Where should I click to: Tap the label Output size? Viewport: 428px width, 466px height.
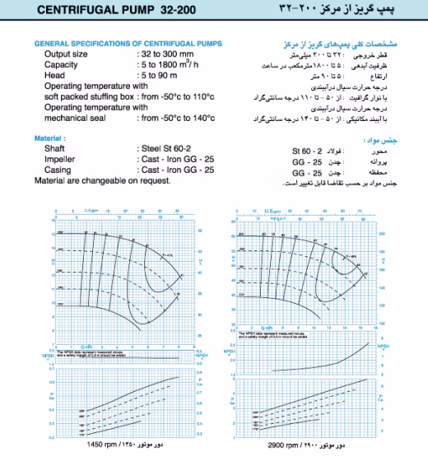coord(68,53)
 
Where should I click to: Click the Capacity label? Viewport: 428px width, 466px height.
coord(63,63)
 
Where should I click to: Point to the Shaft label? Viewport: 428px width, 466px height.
coord(56,149)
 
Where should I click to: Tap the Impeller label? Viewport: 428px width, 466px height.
coord(60,160)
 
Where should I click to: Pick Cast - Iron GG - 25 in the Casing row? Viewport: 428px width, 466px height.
coord(176,170)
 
